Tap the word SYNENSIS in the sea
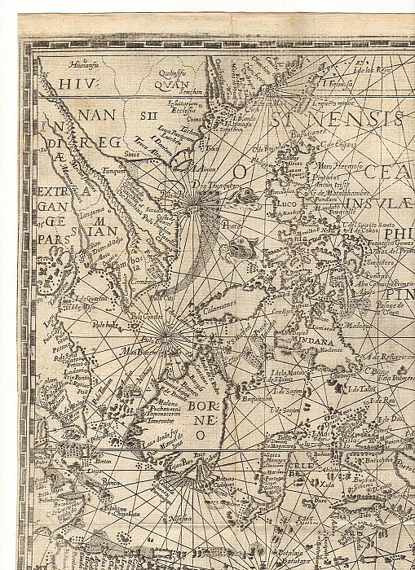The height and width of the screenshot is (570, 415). pyautogui.click(x=342, y=119)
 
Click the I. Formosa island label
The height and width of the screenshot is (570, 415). pyautogui.click(x=336, y=82)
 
